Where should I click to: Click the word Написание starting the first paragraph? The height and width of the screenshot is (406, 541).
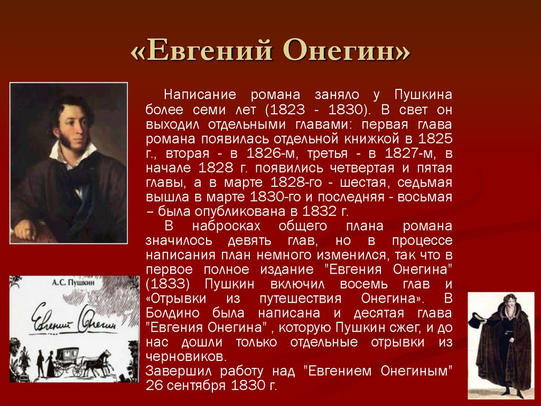pos(193,95)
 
